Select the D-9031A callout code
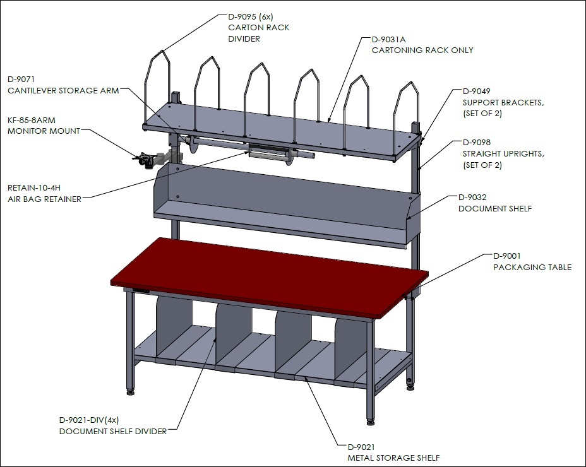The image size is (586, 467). pyautogui.click(x=389, y=40)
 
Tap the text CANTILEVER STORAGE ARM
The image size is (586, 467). pyautogui.click(x=63, y=91)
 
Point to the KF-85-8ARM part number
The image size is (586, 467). pyautogui.click(x=32, y=121)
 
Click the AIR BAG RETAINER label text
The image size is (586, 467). pyautogui.click(x=44, y=199)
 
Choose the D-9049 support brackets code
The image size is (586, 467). pyautogui.click(x=477, y=92)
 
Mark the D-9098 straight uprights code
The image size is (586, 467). pyautogui.click(x=477, y=143)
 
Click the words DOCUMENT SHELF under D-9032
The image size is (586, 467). pyautogui.click(x=495, y=208)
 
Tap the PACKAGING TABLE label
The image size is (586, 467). pyautogui.click(x=532, y=267)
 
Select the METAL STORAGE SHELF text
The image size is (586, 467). pyautogui.click(x=393, y=458)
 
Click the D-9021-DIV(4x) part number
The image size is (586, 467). pyautogui.click(x=89, y=420)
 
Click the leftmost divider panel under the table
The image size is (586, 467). pyautogui.click(x=174, y=326)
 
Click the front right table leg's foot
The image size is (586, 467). pyautogui.click(x=371, y=422)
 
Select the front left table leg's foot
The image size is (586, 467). pyautogui.click(x=130, y=393)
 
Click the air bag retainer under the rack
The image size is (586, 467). pyautogui.click(x=268, y=153)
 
